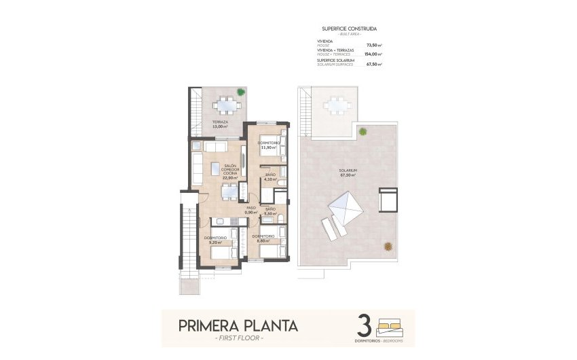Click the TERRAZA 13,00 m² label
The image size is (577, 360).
tap(219, 124)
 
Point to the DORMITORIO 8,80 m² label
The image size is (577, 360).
tap(263, 238)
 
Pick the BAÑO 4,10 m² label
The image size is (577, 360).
tap(270, 177)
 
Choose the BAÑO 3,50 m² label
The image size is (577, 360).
tap(270, 211)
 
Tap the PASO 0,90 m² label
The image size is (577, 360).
tap(251, 210)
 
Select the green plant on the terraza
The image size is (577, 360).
tap(241, 92)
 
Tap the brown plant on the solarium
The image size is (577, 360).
tap(388, 246)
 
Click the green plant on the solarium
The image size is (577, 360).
tap(362, 131)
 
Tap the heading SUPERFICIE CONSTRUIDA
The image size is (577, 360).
tap(349, 29)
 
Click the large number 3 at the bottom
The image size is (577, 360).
tap(364, 325)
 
